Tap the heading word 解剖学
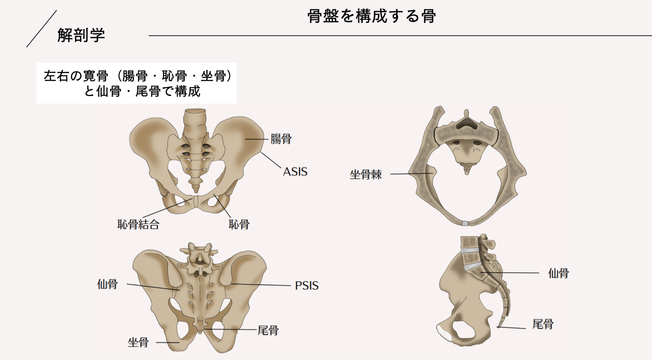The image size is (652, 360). click(81, 35)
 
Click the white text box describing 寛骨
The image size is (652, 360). click(137, 83)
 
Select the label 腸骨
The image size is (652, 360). click(281, 139)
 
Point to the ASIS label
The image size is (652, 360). click(295, 172)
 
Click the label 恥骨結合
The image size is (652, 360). click(138, 224)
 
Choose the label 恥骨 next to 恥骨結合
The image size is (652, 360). click(239, 224)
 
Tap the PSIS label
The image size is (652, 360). click(307, 286)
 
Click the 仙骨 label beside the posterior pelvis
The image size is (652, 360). click(107, 284)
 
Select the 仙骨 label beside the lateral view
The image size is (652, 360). click(558, 273)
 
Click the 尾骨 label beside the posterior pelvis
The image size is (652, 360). click(268, 330)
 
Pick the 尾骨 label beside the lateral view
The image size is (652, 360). click(543, 324)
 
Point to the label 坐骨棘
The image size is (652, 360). click(366, 175)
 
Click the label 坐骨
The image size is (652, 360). click(138, 342)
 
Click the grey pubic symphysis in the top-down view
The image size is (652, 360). click(466, 223)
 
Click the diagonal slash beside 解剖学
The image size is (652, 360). click(41, 29)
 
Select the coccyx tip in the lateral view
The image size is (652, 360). click(499, 326)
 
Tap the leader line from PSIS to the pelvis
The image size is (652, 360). click(261, 285)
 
